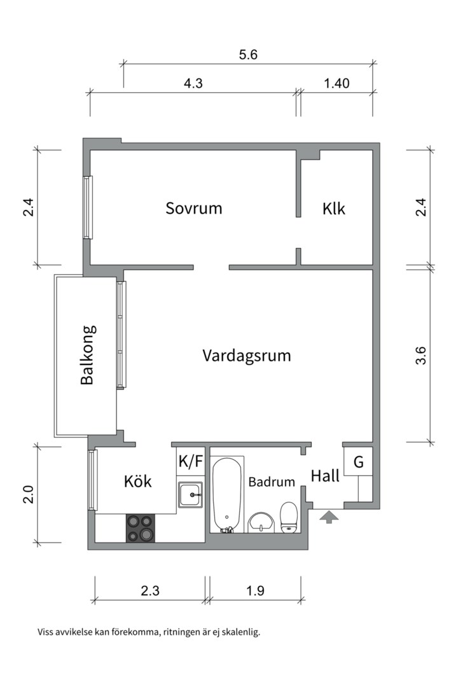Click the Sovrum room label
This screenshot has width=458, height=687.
[194, 208]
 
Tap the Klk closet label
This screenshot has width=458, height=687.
[334, 208]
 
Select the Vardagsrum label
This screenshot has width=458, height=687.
[247, 355]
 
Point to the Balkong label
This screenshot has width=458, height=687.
[88, 355]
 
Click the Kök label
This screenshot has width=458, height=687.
[138, 482]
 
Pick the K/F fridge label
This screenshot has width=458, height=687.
[190, 461]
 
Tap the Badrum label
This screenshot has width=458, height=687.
[272, 482]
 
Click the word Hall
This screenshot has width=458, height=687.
[325, 476]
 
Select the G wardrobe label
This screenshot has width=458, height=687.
[359, 462]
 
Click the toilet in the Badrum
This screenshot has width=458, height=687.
[289, 516]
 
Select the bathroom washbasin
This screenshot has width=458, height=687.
[261, 522]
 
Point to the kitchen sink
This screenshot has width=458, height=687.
[191, 495]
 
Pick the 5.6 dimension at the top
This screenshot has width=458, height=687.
[248, 55]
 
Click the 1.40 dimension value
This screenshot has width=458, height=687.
[337, 83]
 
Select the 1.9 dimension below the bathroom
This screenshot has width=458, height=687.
[255, 590]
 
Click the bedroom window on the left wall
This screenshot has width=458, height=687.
[88, 207]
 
